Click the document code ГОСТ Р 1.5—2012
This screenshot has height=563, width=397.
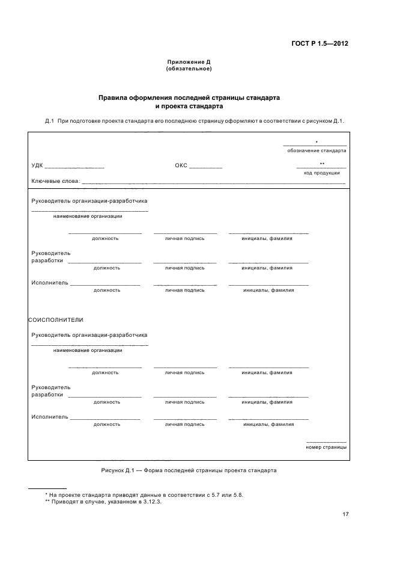tap(319, 43)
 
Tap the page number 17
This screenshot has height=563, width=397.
tap(345, 514)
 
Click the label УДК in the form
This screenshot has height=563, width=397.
tap(37, 165)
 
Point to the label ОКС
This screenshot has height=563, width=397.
tap(181, 165)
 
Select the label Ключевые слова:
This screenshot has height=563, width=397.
tap(55, 181)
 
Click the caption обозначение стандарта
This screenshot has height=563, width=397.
tap(317, 151)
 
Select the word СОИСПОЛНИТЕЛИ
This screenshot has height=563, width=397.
tap(56, 319)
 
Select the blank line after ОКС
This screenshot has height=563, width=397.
tap(206, 167)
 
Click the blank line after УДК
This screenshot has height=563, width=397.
tap(74, 167)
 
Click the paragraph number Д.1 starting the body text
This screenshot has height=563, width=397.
tap(50, 121)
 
